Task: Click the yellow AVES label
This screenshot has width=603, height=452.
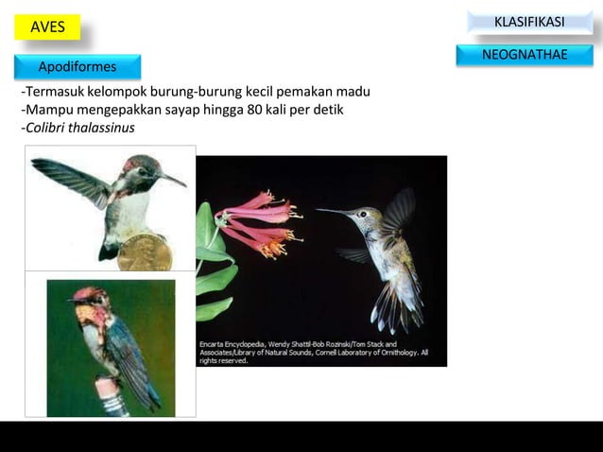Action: [47, 27]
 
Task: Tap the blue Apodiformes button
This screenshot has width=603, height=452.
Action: [78, 67]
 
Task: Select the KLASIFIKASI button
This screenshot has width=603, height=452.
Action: [529, 22]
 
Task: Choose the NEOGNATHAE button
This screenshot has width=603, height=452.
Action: [525, 55]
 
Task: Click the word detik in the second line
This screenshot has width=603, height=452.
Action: [327, 110]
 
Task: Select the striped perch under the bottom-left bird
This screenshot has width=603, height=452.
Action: [112, 397]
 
